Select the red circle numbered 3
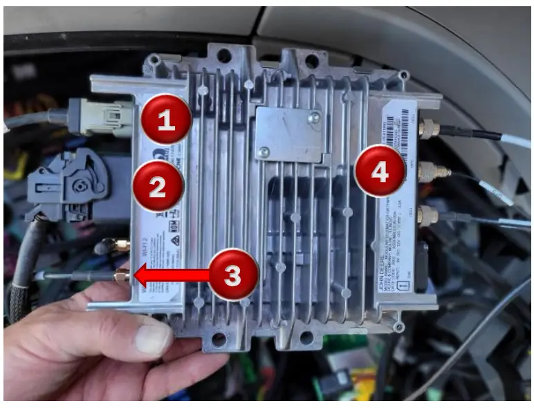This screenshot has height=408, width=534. (x=233, y=275)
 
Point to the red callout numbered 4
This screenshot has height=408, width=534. (x=380, y=171)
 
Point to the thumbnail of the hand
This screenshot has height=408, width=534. (x=151, y=340)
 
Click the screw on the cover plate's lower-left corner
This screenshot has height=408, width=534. (x=262, y=152)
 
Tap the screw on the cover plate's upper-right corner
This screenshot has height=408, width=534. (x=315, y=118)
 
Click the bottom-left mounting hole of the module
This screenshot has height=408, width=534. (x=219, y=338)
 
